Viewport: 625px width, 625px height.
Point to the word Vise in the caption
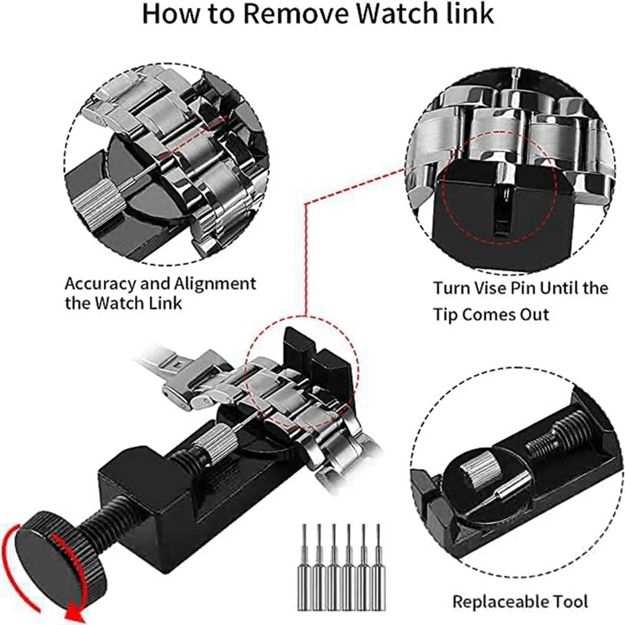[x=501, y=288]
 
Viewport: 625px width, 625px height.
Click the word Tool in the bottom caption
[x=570, y=602]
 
